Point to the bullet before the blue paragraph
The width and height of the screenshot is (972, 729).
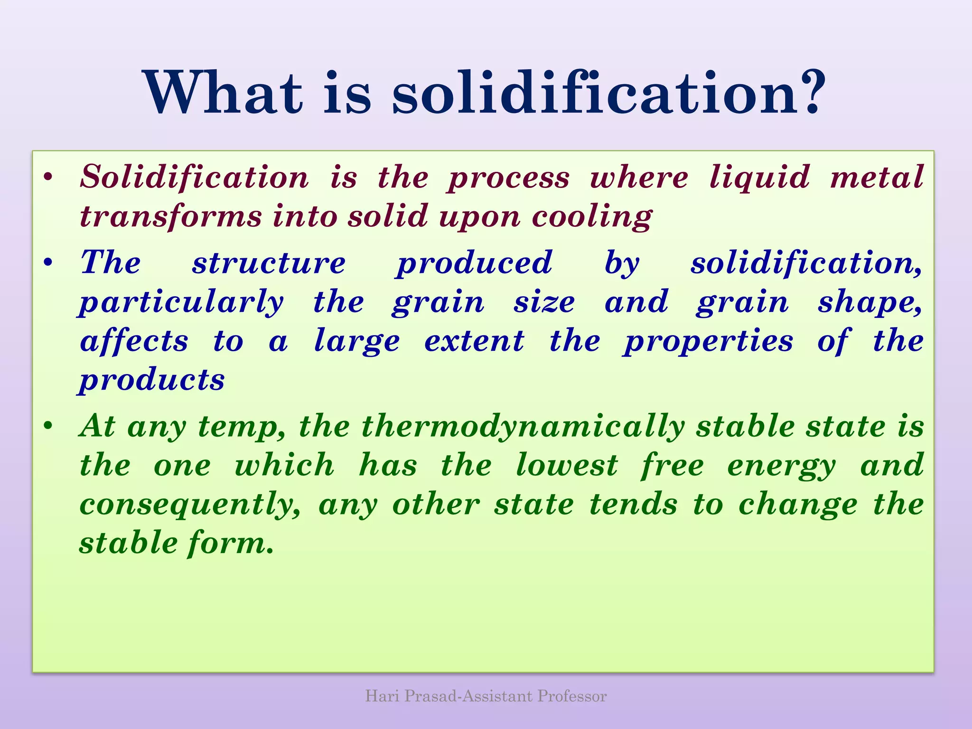click(x=47, y=263)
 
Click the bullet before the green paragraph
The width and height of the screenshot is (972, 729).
click(x=47, y=426)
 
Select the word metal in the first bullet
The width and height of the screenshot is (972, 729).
click(x=877, y=177)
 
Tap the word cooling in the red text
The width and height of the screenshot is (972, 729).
click(x=592, y=217)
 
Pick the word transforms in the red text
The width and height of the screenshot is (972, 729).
click(x=171, y=216)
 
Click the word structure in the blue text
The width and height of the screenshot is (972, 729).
click(x=269, y=263)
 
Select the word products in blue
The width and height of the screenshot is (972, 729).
click(x=152, y=381)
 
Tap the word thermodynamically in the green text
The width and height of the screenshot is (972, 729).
click(x=523, y=427)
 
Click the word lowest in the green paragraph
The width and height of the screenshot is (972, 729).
click(x=567, y=465)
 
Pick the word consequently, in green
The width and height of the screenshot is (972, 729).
click(x=190, y=505)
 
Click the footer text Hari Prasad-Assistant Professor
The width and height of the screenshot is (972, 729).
click(x=486, y=696)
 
